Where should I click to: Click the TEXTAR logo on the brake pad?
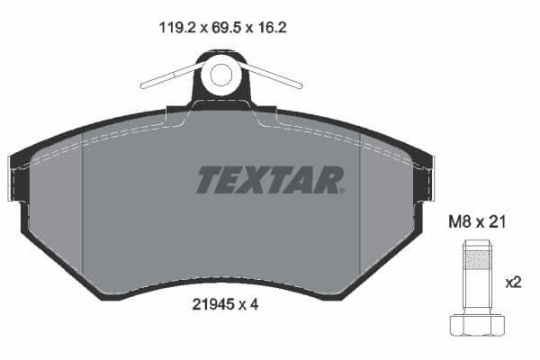[270, 179]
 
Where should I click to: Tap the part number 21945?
[212, 304]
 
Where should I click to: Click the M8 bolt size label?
[460, 222]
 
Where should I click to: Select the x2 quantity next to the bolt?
[514, 282]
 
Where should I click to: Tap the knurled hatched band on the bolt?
[476, 261]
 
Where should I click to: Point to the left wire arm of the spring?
[167, 77]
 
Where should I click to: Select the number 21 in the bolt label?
[496, 222]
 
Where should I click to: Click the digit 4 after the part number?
[256, 304]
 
